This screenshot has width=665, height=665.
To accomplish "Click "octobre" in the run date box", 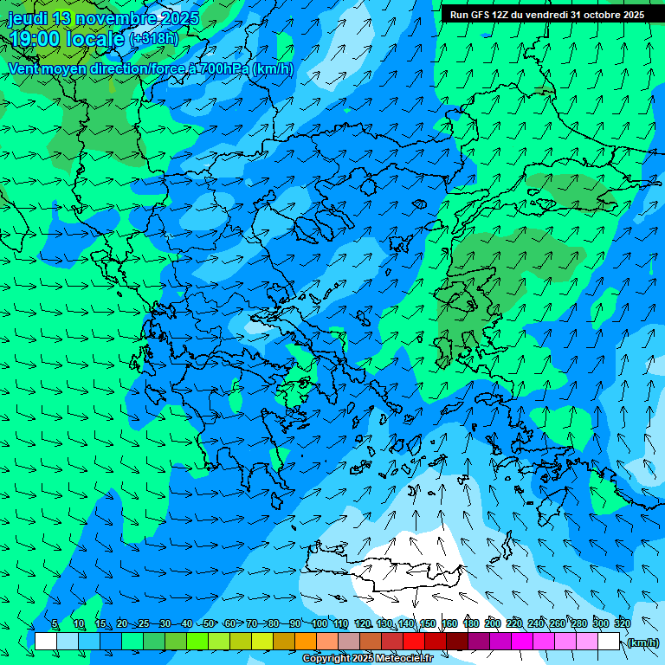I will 598,15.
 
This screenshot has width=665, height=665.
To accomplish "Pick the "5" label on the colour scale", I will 55,623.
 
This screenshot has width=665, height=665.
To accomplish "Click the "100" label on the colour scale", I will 320,623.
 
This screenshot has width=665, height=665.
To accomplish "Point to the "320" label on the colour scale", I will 622,623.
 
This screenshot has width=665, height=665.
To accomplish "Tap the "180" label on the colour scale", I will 471,623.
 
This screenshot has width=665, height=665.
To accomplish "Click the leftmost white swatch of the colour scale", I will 46,642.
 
